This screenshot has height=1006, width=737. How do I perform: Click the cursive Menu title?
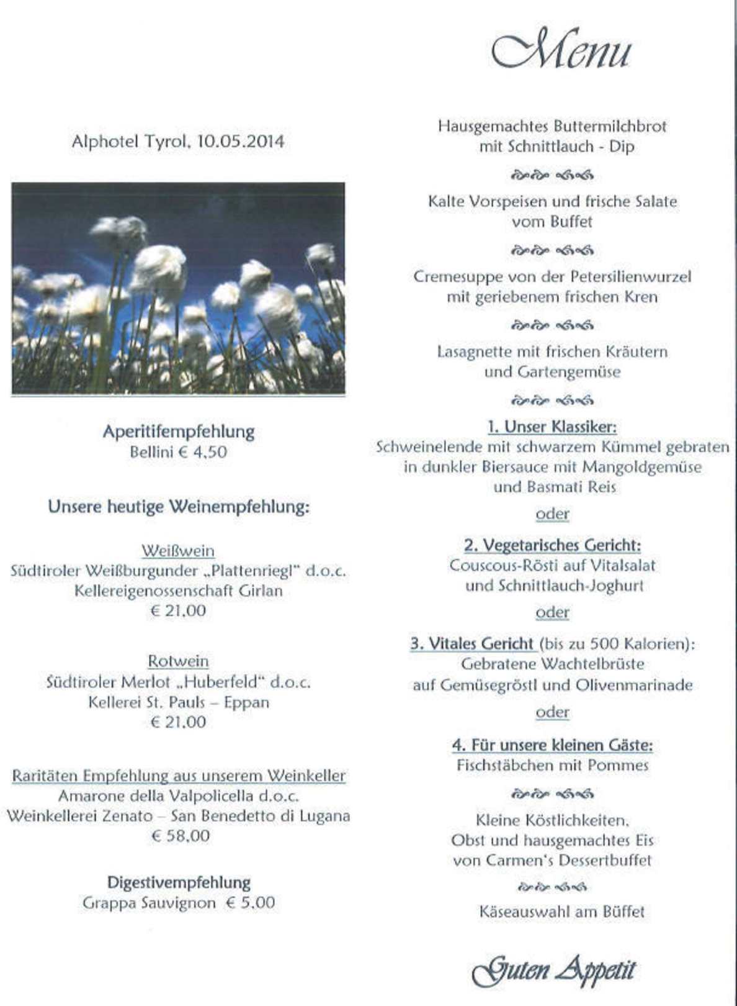point(561,50)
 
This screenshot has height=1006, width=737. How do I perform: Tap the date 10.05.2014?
point(241,142)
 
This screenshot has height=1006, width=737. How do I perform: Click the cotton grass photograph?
point(178,289)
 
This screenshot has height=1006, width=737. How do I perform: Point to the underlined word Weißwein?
point(178,551)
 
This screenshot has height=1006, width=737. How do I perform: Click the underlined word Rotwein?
point(178,661)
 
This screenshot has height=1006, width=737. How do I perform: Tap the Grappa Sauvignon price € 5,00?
point(250,903)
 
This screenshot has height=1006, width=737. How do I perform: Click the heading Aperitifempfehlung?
point(179,432)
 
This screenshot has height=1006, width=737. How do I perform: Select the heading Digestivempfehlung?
point(179,882)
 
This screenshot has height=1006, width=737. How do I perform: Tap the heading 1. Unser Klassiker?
point(552,427)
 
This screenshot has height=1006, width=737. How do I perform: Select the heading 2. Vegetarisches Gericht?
point(552,545)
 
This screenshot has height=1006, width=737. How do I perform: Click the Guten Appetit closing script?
point(553,970)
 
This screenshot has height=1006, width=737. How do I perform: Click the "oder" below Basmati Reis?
point(552,514)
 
